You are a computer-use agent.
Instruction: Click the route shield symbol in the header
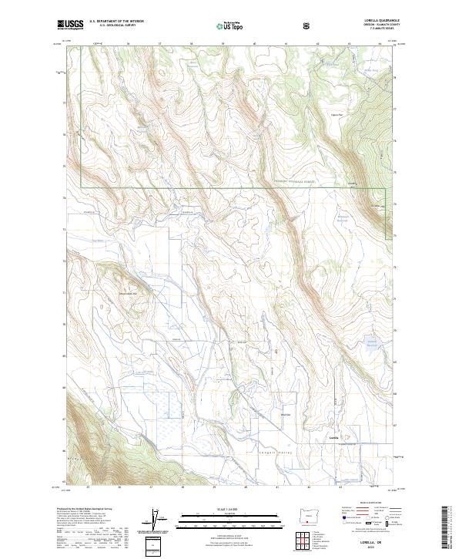point(308,25)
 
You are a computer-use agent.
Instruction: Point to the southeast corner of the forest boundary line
point(385,187)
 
